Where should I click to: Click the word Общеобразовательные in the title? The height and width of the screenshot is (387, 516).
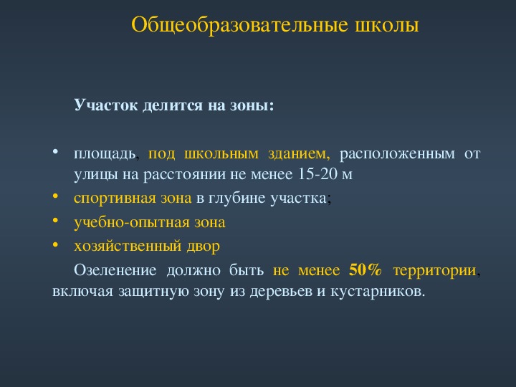coord(239,25)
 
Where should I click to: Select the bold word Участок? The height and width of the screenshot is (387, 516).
coord(105,105)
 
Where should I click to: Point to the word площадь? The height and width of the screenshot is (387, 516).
coord(105,154)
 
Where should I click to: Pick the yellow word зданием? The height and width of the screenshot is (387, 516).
coord(299,154)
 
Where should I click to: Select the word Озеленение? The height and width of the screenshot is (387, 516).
coord(115,270)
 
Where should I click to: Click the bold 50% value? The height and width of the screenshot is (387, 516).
coord(365,270)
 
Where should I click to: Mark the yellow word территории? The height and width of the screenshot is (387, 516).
coord(434,271)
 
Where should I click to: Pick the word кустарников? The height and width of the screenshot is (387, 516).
coord(378,292)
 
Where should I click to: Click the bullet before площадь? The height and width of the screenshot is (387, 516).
coord(55,152)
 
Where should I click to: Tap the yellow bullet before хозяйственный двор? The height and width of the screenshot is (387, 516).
coord(55,244)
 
